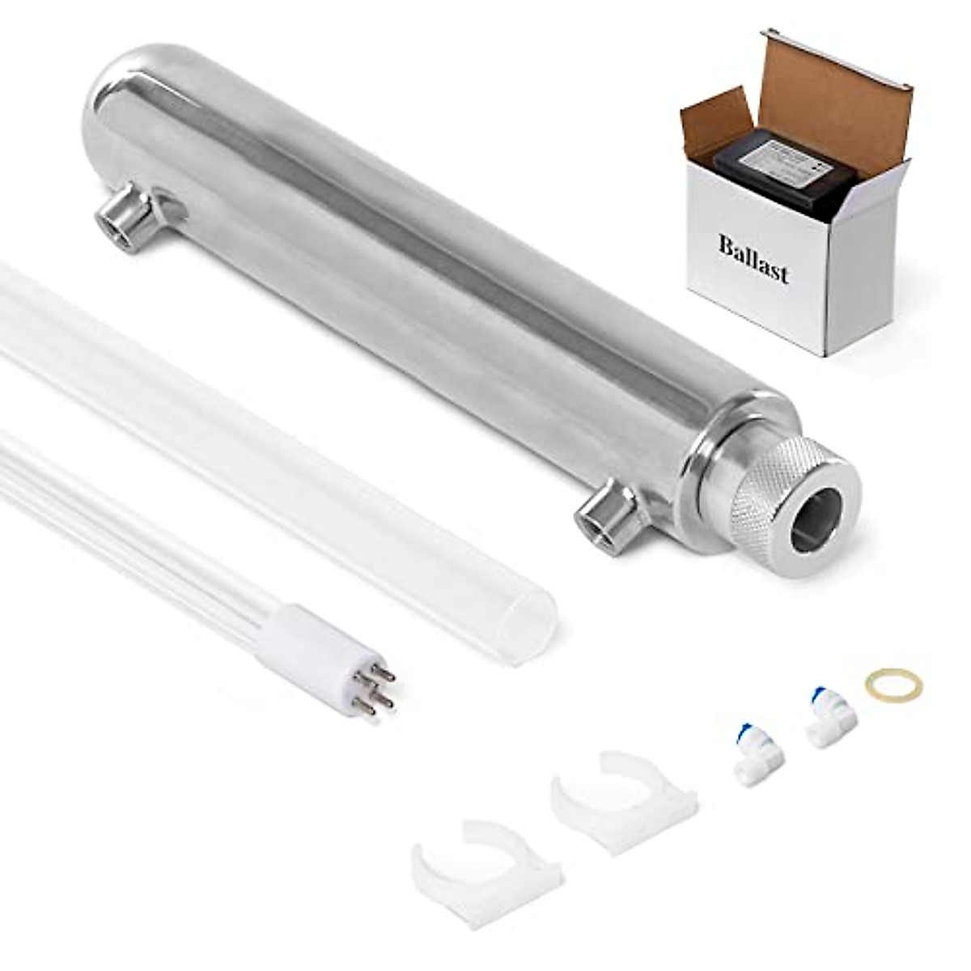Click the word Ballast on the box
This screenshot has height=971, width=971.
(x=753, y=258)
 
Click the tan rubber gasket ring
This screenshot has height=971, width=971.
(x=893, y=685)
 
